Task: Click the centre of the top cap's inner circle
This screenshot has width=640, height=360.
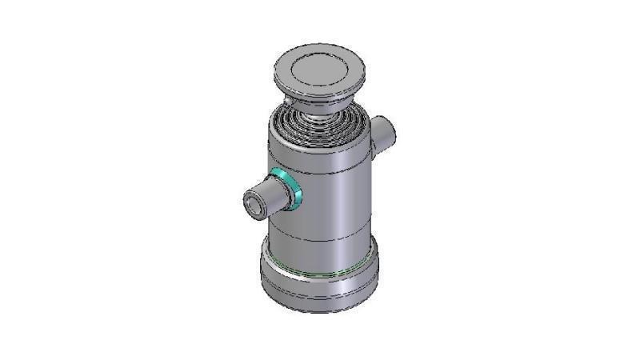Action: tap(318, 70)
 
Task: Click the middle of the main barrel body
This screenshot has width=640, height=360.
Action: tap(320, 200)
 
